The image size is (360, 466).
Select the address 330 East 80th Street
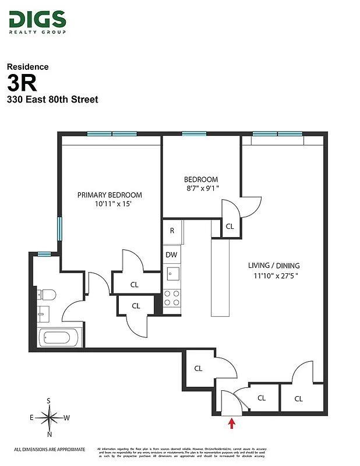(52, 100)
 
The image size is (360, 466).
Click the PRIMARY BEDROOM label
(110, 195)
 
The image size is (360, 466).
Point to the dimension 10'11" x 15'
(110, 204)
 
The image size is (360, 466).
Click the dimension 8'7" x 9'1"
(201, 189)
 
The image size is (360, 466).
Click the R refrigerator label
(172, 231)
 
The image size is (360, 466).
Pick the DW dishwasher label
(171, 255)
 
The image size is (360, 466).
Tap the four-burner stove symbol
(172, 298)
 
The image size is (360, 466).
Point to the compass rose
(50, 417)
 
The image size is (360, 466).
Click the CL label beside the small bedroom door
(230, 226)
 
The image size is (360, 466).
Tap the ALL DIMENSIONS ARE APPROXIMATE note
(50, 449)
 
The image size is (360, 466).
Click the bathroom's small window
(43, 253)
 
